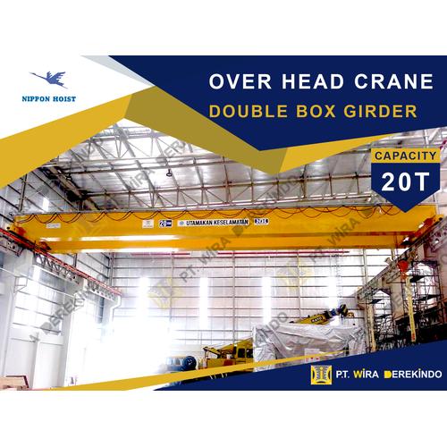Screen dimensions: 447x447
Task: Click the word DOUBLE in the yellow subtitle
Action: point(251,112)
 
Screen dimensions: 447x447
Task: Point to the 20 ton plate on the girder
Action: point(165,223)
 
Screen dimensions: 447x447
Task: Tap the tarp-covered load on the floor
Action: point(308,341)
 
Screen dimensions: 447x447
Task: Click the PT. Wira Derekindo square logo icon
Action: point(320,374)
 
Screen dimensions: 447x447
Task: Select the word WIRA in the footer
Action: point(368,375)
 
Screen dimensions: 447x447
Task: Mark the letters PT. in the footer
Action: point(344,375)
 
